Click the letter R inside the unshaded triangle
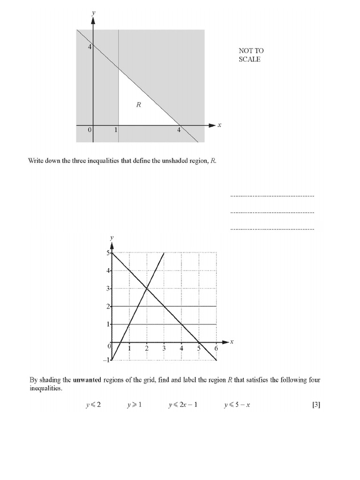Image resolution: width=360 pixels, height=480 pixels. point(138,105)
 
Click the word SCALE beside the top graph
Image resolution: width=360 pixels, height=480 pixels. point(249,60)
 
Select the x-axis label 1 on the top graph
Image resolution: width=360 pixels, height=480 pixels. point(116,130)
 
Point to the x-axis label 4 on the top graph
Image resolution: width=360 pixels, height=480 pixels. point(179,130)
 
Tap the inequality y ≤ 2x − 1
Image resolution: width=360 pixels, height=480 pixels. point(183,405)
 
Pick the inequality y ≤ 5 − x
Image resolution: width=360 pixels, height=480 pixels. point(237,405)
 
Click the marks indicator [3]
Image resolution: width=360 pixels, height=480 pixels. point(316,405)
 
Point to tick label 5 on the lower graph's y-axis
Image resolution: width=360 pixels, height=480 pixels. point(107,253)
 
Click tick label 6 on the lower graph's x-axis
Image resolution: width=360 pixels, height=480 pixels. point(216,348)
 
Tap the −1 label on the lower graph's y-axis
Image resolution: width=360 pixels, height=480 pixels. point(106,360)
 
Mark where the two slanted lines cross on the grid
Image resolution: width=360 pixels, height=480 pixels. point(147,289)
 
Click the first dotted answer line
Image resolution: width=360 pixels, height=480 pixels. point(272,196)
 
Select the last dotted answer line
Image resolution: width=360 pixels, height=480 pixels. point(272,229)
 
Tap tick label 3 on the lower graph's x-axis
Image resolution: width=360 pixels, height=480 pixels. point(164,348)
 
